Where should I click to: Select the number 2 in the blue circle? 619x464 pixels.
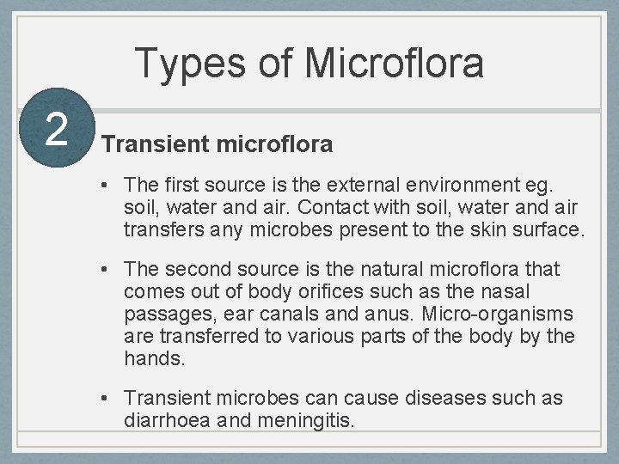pyautogui.click(x=56, y=129)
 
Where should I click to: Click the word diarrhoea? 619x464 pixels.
pyautogui.click(x=167, y=421)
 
